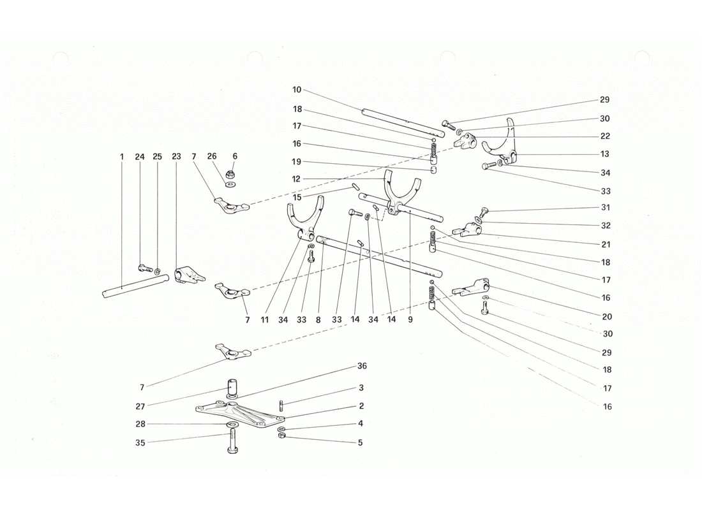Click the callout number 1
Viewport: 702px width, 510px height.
[x=121, y=157]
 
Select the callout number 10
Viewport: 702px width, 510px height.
[x=297, y=90]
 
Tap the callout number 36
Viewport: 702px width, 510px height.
[x=361, y=366]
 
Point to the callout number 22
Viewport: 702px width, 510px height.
[x=605, y=136]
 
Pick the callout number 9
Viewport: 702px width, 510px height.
[x=410, y=320]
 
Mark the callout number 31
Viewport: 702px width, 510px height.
[x=605, y=208]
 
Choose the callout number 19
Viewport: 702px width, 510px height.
[x=297, y=162]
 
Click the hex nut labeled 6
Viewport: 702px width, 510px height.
[x=229, y=173]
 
